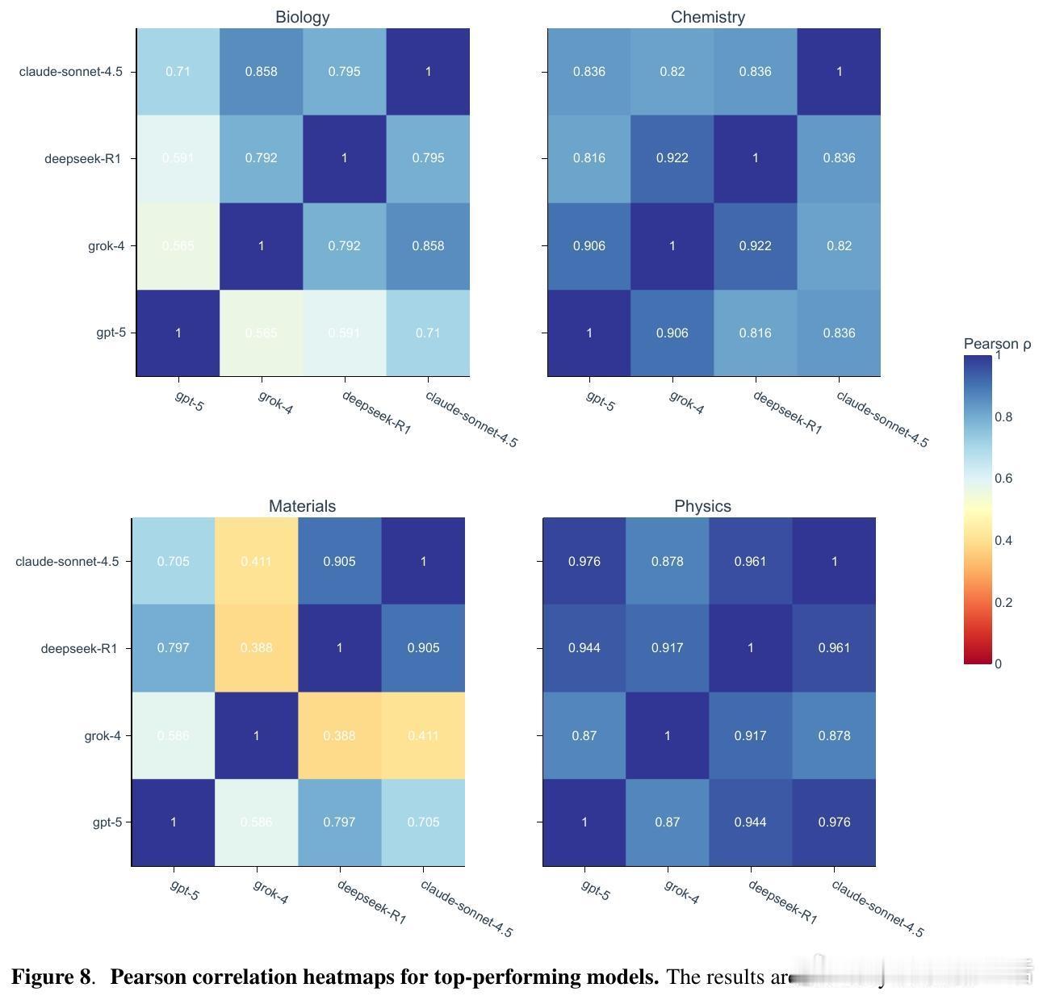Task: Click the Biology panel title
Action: point(302,17)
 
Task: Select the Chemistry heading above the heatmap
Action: point(707,17)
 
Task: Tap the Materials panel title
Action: point(302,506)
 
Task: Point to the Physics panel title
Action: point(702,506)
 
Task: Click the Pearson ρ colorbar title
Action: point(997,344)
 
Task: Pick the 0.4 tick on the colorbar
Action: point(1003,540)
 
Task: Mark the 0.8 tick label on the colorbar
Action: point(1003,416)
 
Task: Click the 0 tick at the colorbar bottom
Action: point(999,663)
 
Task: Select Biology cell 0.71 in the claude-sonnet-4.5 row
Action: point(178,72)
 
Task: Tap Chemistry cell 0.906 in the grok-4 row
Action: point(589,245)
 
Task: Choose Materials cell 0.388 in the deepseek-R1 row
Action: point(257,647)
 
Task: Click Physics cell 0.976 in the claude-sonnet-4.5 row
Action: point(584,561)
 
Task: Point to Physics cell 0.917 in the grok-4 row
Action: point(750,735)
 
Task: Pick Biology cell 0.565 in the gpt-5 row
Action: point(261,333)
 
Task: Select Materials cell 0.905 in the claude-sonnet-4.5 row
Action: point(339,561)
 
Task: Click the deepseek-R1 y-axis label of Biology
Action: point(82,158)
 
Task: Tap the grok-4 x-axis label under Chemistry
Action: point(686,402)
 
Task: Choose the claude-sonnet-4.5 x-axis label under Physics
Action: point(877,908)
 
